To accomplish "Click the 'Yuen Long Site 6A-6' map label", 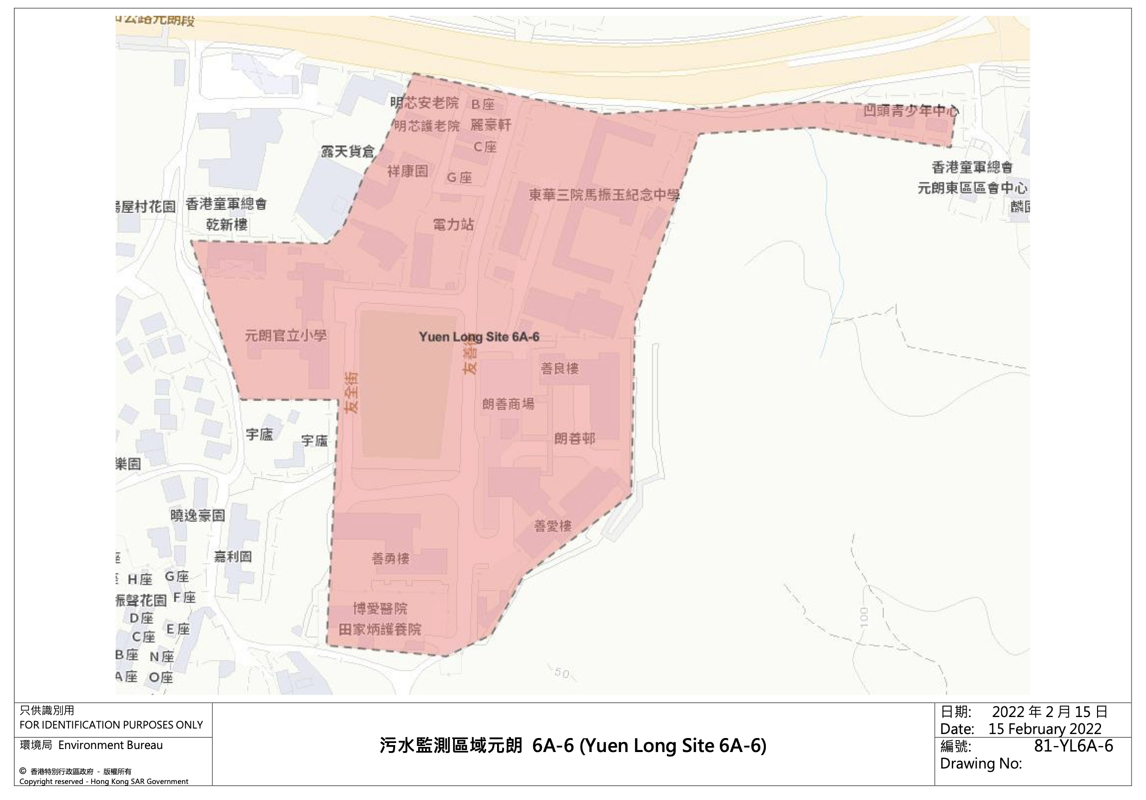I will [479, 337].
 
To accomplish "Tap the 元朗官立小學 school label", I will [286, 335].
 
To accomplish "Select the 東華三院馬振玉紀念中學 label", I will [604, 194].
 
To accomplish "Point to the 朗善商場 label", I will [508, 404].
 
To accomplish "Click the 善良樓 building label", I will [560, 369].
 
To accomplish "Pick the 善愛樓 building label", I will [553, 526].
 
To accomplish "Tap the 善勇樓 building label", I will [391, 558].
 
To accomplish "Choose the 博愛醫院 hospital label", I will [380, 608].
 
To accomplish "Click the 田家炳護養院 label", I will [380, 629].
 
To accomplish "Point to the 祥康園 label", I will [408, 171].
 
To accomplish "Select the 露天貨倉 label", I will [348, 151].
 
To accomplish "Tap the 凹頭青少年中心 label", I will [911, 111].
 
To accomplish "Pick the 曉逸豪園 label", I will [198, 516].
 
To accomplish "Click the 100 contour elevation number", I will [865, 617].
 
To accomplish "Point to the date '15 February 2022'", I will [1045, 728].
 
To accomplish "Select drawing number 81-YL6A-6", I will [1073, 746].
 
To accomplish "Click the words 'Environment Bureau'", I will [110, 745].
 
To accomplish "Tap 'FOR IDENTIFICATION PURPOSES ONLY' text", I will [111, 725].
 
